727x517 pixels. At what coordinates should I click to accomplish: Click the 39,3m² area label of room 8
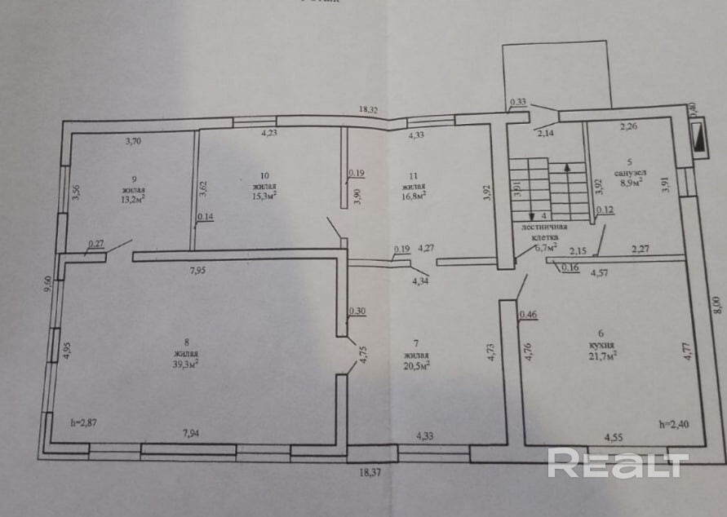click(186, 364)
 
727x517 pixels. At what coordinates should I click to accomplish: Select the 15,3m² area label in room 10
click(264, 195)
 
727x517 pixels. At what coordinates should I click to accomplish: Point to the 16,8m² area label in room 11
click(412, 195)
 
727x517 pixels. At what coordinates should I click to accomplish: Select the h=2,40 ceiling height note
click(673, 423)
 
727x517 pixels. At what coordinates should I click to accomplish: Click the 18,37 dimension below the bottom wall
click(371, 471)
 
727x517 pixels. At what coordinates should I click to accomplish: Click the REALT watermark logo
click(618, 464)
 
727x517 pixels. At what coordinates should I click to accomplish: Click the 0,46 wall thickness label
click(528, 312)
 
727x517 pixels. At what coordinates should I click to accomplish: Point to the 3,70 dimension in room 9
click(134, 141)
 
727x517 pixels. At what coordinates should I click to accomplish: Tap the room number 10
click(264, 175)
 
